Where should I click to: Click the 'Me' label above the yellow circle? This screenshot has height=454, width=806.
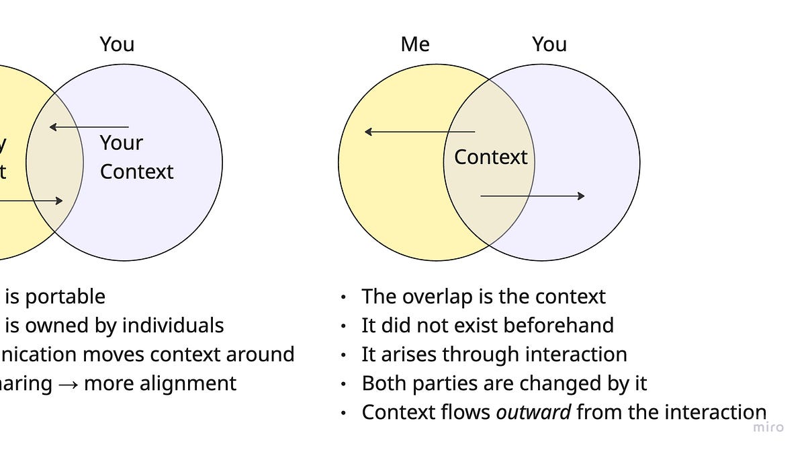414,44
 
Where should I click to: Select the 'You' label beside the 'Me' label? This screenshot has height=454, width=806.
549,44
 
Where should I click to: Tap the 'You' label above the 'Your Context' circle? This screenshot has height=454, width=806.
117,44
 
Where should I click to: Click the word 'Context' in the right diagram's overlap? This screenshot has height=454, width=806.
490,157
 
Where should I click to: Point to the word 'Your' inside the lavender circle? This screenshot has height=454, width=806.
122,143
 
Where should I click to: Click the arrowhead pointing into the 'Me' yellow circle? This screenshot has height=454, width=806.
368,132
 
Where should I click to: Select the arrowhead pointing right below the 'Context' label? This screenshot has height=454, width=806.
580,196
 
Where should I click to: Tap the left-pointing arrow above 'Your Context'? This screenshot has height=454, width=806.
89,127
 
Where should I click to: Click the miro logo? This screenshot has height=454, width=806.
768,427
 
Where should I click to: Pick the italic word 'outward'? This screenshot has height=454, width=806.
533,412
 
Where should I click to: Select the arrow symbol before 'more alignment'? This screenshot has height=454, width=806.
68,384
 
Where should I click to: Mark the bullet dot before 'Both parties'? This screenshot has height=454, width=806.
344,384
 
